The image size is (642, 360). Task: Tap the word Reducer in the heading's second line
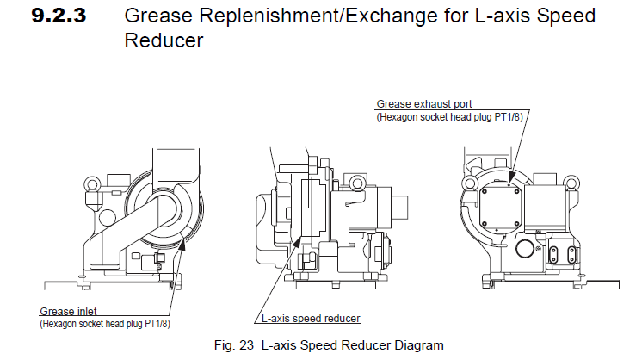164,40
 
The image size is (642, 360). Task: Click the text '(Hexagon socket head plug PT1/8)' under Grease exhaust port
451,116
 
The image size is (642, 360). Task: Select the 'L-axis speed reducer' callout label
311,319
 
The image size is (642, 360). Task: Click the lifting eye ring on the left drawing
90,184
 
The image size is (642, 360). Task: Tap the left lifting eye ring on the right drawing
469,183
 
